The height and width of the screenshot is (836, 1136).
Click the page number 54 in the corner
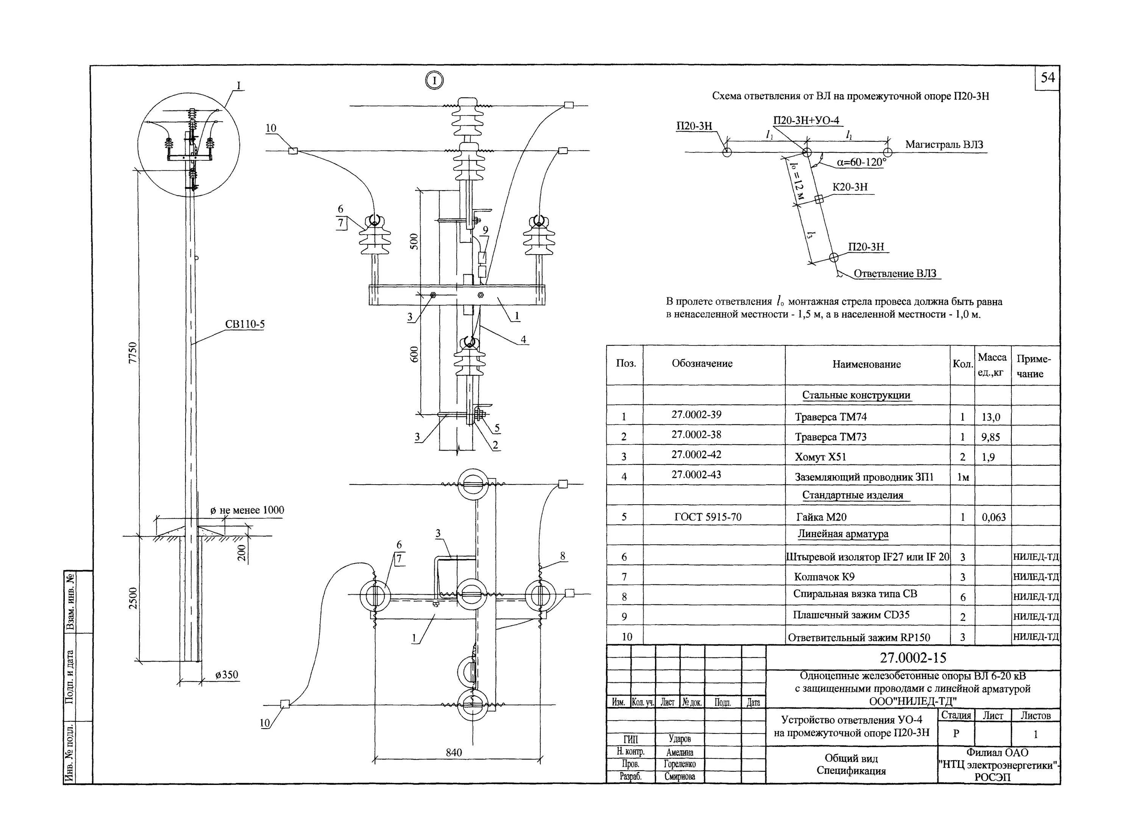point(1047,78)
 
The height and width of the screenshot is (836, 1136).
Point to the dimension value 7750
point(133,352)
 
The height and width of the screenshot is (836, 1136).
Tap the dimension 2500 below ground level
point(133,598)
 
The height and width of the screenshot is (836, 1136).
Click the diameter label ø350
point(226,675)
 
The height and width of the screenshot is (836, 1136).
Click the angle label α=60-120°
point(861,162)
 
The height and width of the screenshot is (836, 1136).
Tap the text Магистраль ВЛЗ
point(944,145)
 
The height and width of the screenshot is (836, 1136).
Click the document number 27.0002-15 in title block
point(913,658)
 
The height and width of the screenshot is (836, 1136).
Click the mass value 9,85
point(991,437)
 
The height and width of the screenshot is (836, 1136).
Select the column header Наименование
point(866,364)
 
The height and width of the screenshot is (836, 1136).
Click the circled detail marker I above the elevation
point(434,81)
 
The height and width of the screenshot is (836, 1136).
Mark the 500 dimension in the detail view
point(414,241)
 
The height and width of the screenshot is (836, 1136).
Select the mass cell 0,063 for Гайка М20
point(994,517)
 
